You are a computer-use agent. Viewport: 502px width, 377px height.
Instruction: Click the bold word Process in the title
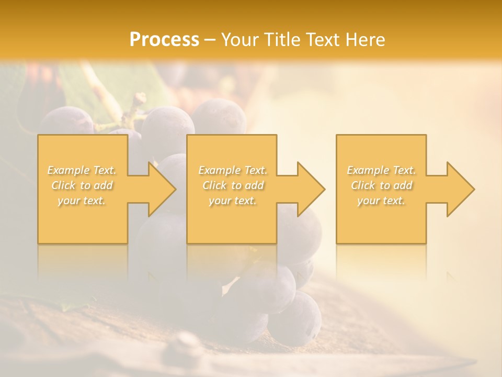pos(164,40)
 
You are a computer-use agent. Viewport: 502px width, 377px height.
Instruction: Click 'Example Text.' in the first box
pos(82,170)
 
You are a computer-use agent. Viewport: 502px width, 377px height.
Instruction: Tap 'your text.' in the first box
pos(82,201)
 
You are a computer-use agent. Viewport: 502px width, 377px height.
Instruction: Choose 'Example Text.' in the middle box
pos(232,170)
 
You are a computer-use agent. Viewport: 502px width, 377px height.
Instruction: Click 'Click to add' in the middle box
pos(232,185)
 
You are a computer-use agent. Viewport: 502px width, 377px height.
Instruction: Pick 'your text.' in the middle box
pos(232,201)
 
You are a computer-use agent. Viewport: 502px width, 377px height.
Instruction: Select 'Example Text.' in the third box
pos(381,170)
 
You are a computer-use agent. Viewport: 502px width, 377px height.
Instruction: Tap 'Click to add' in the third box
pos(381,185)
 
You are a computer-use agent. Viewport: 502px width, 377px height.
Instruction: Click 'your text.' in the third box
pos(381,201)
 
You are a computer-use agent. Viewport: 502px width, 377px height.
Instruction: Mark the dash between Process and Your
pos(210,40)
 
